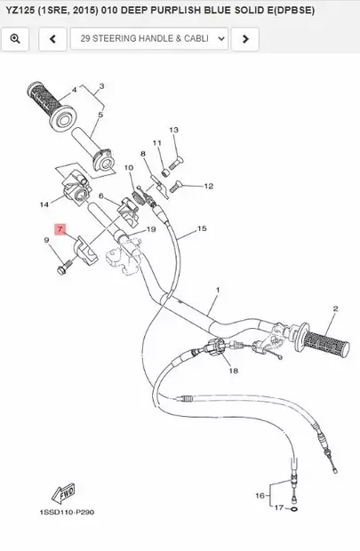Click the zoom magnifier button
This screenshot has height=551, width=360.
pyautogui.click(x=16, y=39)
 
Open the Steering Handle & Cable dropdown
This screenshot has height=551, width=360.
pyautogui.click(x=152, y=39)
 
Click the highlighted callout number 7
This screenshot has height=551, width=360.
pyautogui.click(x=60, y=228)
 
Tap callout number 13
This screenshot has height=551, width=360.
pyautogui.click(x=172, y=129)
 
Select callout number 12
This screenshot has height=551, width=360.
pyautogui.click(x=209, y=187)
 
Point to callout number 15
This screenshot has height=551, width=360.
pyautogui.click(x=202, y=228)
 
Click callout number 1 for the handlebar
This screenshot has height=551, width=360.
pyautogui.click(x=218, y=290)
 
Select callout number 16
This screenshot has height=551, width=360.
pyautogui.click(x=260, y=495)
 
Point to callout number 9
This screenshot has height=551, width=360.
pyautogui.click(x=45, y=240)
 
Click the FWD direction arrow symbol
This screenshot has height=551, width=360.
pyautogui.click(x=63, y=494)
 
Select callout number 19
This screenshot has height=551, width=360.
pyautogui.click(x=151, y=229)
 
